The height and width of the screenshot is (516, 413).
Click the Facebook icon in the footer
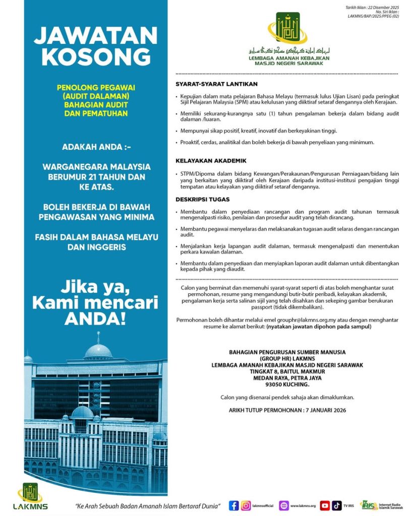point(233,505)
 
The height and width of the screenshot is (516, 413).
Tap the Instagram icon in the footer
point(246,505)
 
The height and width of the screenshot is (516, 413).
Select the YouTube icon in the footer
point(325,505)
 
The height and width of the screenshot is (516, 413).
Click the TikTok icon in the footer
point(336,505)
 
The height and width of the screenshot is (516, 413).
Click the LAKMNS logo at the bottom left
point(31,496)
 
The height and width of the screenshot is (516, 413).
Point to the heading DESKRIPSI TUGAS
point(202,200)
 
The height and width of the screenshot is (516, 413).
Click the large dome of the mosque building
point(98,351)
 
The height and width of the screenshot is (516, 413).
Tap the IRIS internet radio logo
point(368,505)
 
